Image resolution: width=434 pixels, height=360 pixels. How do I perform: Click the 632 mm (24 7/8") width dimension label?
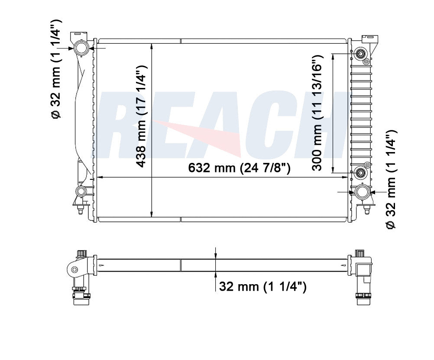pos(240,168)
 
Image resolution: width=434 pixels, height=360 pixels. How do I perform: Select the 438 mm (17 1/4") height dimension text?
pos(142,116)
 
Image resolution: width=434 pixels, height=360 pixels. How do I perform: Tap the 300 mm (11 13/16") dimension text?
pos(317,113)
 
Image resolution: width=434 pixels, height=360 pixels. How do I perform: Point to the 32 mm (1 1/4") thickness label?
pos(262,286)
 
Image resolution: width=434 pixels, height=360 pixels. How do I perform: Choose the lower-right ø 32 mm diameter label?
pos(391,180)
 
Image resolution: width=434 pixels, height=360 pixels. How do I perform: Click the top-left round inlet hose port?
pos(81,48)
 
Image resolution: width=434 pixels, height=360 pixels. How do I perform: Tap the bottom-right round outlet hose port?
pos(362,192)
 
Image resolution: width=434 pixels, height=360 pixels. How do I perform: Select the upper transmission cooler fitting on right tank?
pos(361,54)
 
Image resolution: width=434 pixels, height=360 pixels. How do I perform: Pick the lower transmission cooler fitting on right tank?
pos(361,173)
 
